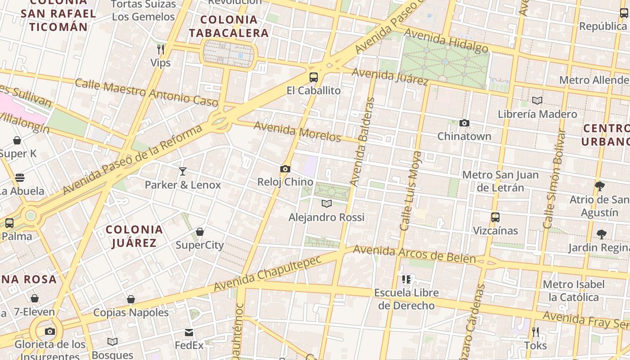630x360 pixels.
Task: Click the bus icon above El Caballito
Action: click(314, 77)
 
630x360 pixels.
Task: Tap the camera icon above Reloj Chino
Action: click(285, 169)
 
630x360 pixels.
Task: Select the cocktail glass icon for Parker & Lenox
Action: click(182, 171)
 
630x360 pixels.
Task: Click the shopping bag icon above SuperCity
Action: click(200, 232)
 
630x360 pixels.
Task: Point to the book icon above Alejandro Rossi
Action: click(327, 204)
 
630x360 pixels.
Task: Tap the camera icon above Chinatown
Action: click(464, 123)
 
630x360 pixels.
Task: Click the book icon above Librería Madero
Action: click(537, 100)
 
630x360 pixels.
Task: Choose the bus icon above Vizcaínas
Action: click(495, 217)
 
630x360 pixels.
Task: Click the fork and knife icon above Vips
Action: click(161, 49)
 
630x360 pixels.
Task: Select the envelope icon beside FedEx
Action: click(189, 333)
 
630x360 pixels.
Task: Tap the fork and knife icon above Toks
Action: click(535, 332)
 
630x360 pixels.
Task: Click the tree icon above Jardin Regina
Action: click(601, 234)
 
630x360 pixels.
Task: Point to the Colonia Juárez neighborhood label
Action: click(134, 236)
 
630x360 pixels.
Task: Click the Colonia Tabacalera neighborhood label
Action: click(229, 26)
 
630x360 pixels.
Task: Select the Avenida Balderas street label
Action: click(363, 142)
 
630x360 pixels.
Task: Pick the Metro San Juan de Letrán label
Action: click(500, 180)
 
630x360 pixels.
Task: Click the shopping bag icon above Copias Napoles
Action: click(131, 299)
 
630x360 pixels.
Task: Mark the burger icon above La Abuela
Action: click(20, 178)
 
